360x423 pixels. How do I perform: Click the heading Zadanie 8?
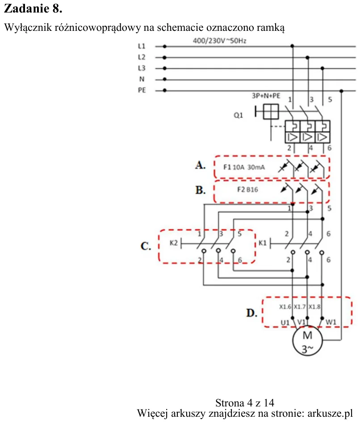[33, 8]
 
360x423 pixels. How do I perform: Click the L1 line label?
[142, 46]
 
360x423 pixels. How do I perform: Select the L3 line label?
[142, 68]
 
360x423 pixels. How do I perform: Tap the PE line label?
[142, 90]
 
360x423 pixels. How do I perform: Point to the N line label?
[142, 79]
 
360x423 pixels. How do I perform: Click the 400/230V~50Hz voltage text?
[220, 41]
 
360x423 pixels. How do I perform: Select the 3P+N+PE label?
[266, 96]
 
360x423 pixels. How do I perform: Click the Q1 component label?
[238, 115]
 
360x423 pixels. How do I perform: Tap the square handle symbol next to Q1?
[271, 111]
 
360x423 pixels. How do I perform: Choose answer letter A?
[200, 165]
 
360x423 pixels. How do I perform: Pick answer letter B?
[200, 190]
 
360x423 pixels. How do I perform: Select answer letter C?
[146, 246]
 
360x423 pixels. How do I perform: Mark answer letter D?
[251, 313]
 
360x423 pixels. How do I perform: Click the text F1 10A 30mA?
[244, 167]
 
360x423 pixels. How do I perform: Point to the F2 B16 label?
[247, 190]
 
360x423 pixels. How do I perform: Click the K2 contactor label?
[174, 243]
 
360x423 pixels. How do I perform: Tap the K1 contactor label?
[263, 243]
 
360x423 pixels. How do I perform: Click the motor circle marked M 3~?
[307, 340]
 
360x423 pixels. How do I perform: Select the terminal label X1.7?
[300, 307]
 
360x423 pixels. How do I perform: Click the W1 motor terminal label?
[331, 322]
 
